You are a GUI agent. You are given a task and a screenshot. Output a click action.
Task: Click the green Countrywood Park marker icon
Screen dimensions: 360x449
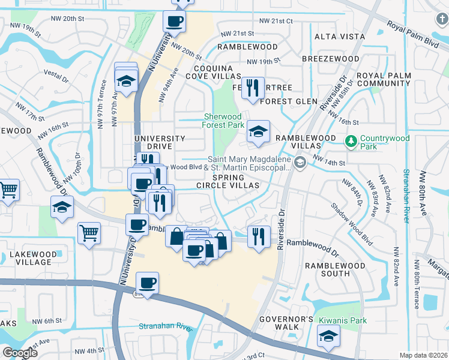tap(351, 142)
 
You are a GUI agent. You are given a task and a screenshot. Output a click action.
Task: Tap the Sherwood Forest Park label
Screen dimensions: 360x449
tap(223, 121)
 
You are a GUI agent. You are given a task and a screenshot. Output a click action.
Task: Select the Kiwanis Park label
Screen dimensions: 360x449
tap(342, 320)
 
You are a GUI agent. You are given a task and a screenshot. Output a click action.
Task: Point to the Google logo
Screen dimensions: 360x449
tap(20, 353)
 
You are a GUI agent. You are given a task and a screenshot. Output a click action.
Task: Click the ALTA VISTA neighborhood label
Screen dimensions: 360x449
tap(340, 37)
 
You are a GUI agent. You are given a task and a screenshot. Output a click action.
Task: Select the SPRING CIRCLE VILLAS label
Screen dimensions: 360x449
tap(236, 182)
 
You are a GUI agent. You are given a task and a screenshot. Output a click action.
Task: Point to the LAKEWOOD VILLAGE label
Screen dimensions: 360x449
tap(29, 258)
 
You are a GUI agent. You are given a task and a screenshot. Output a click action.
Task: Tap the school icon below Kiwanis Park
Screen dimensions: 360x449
tap(329, 340)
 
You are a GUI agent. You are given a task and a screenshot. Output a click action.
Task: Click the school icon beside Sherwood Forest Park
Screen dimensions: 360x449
tap(258, 133)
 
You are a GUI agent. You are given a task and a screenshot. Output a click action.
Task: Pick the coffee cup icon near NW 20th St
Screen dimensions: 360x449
tap(174, 22)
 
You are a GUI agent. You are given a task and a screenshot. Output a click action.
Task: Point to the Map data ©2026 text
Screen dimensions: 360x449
tap(423, 355)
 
